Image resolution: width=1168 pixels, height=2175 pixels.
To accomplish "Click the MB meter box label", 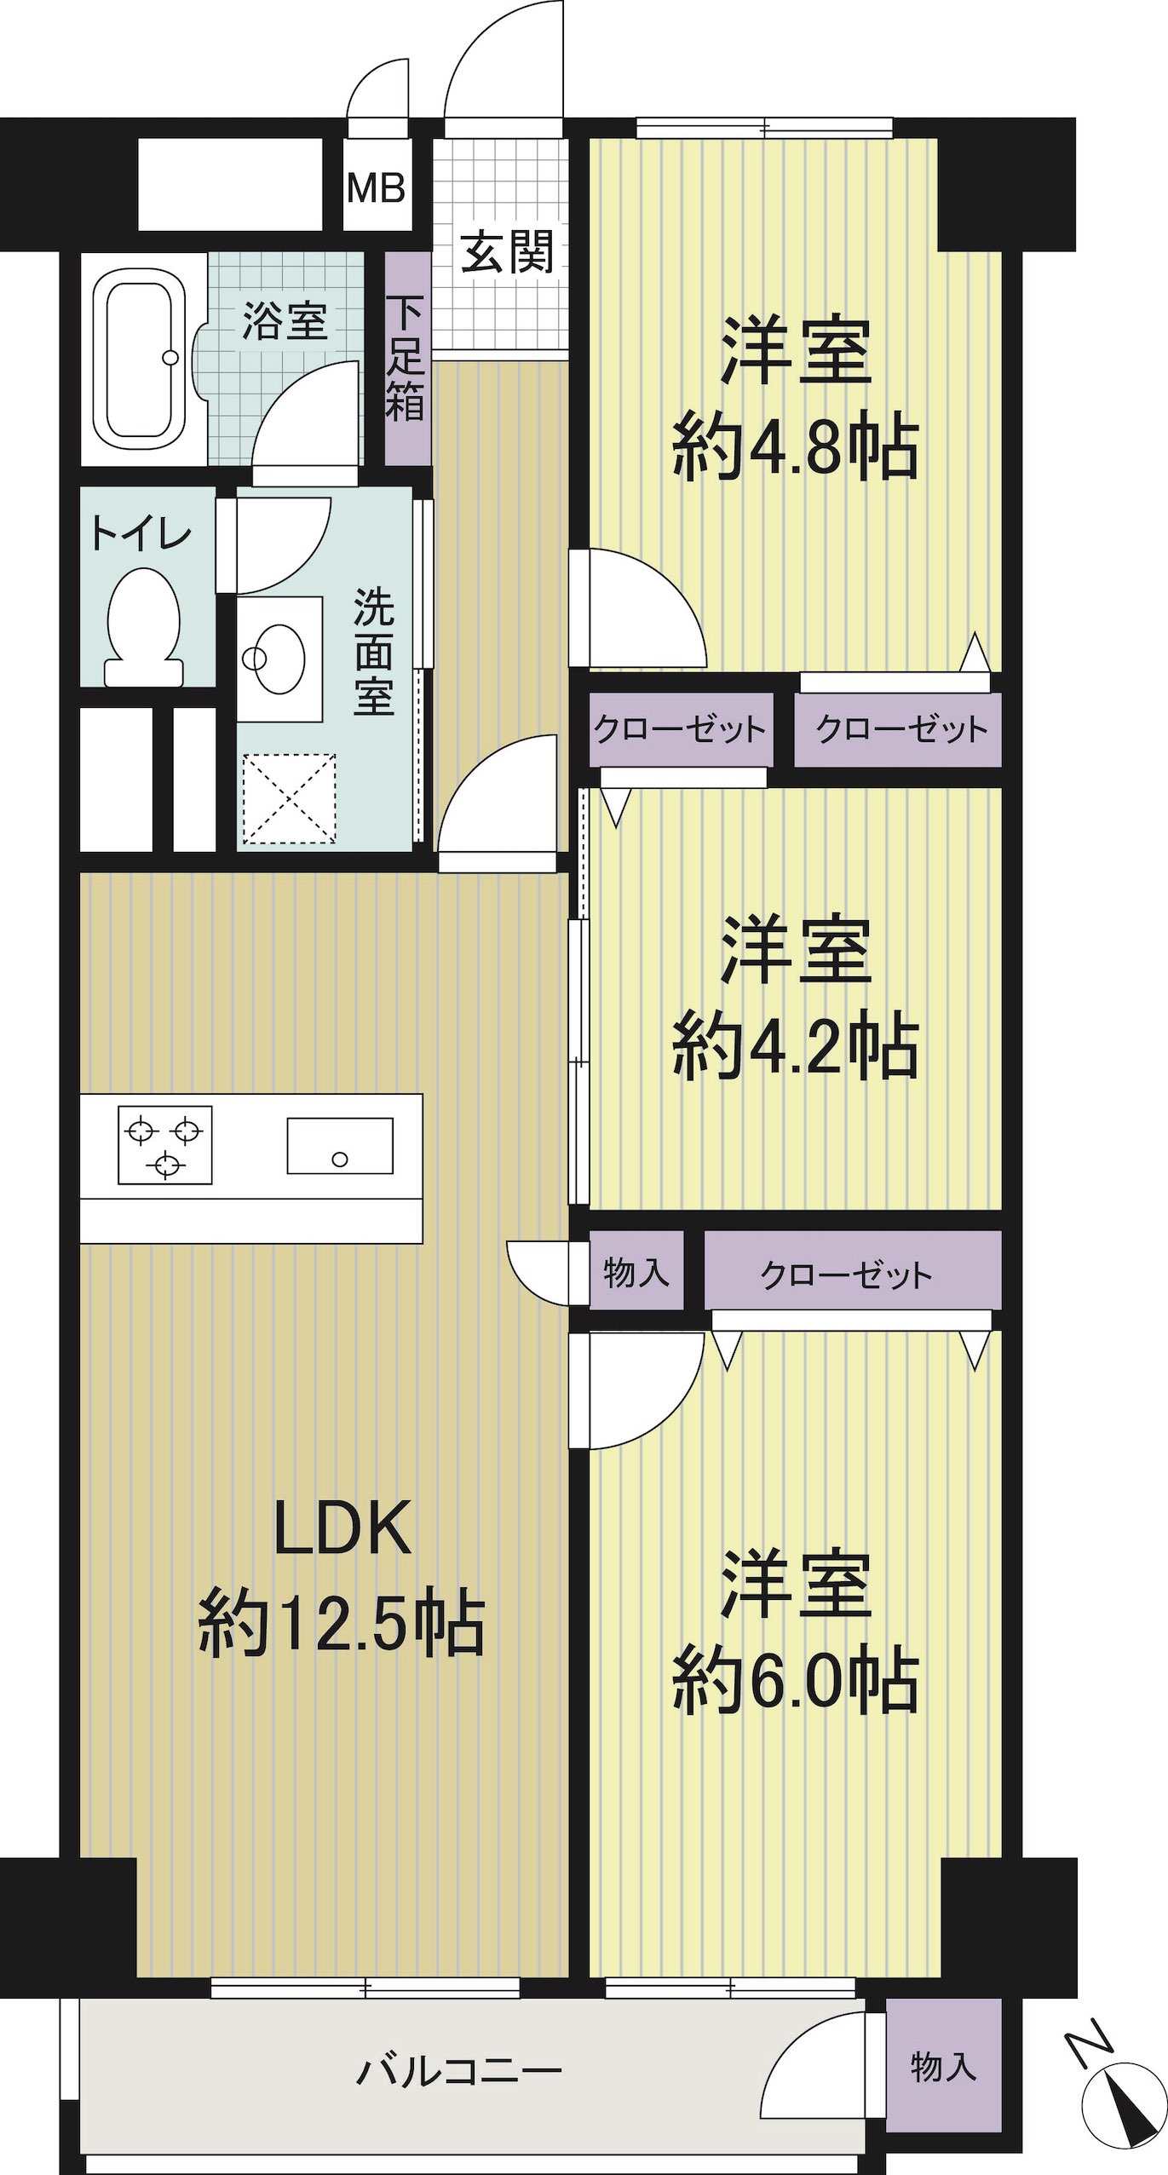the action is coord(376,187).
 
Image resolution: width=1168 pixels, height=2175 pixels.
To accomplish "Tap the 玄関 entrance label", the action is coord(508,251).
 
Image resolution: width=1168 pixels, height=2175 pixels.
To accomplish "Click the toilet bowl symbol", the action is coord(144,627).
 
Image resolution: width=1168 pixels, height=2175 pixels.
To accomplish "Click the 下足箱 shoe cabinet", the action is coord(407,358).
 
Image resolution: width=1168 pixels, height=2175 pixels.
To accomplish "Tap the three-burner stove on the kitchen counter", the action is coord(164,1145).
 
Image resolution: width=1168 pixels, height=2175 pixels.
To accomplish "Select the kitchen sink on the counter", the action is coord(340,1145).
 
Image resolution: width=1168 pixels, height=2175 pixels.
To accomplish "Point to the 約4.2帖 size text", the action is coord(796,1045).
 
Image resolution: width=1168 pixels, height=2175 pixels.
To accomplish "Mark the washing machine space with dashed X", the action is coord(290,798).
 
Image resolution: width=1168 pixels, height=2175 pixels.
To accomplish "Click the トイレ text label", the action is coord(141,535).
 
